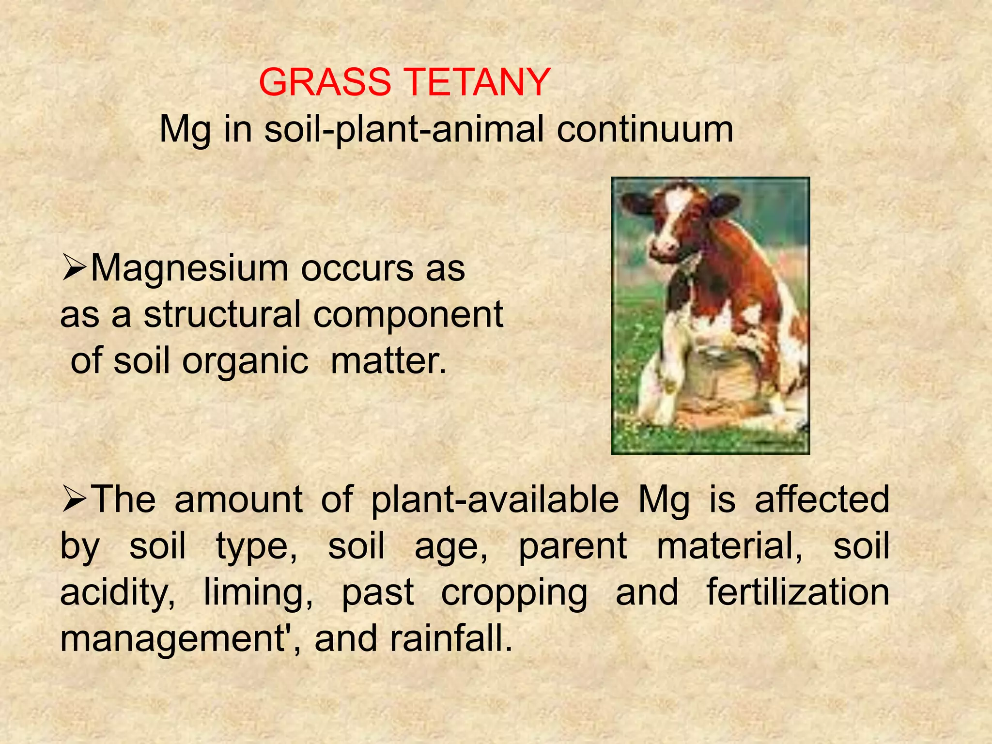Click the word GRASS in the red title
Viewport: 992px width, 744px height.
[x=325, y=82]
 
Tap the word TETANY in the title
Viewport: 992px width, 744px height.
[x=477, y=82]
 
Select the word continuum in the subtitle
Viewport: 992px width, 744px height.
[x=645, y=129]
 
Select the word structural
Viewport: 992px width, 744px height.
[x=222, y=314]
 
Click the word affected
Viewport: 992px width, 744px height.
[x=822, y=499]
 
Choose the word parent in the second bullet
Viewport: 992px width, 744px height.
[x=573, y=546]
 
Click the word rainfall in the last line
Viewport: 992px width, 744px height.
[x=451, y=638]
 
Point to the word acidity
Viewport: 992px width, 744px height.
[x=118, y=593]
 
